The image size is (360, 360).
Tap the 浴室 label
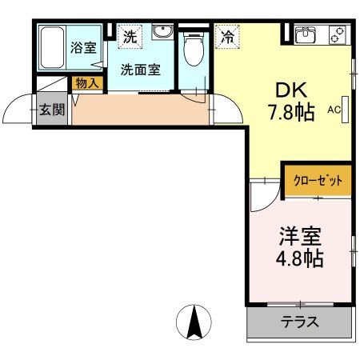coord(83,46)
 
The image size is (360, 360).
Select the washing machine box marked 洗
coord(128,36)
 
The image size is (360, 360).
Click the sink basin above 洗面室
coord(162,33)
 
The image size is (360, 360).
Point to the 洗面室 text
coord(140,69)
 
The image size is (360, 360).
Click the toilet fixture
coord(193,50)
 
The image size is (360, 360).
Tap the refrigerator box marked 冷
coord(227,36)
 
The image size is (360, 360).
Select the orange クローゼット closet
coord(318,181)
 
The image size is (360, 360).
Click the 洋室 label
coord(301,238)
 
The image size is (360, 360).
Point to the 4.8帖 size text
coord(301,260)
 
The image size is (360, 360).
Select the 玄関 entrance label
coord(51,110)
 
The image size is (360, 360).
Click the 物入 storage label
coord(86,82)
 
